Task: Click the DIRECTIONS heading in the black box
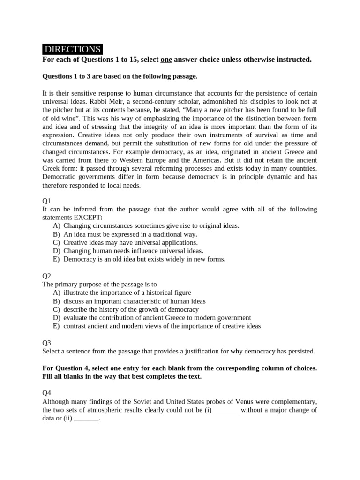point(72,49)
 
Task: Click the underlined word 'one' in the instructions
point(166,60)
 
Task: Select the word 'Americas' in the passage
point(216,160)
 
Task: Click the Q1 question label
point(47,200)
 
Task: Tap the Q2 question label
point(47,276)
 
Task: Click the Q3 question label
point(47,343)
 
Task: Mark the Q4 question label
point(47,393)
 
